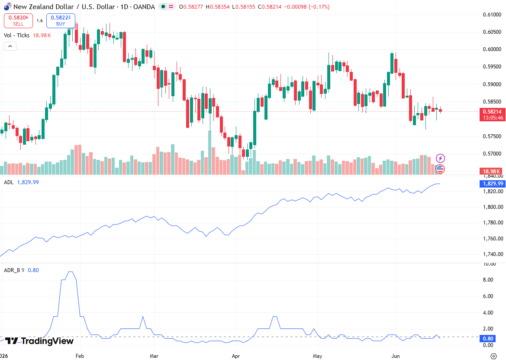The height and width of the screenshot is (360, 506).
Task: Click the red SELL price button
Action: coord(18,21)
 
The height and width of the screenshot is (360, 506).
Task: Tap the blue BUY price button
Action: coord(61,21)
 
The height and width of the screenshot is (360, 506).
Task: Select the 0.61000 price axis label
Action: coord(492,15)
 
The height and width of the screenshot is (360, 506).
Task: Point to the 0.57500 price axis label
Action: coord(492,136)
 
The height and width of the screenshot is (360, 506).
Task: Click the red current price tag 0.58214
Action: coord(492,112)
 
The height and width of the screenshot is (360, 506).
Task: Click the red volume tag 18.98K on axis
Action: coord(491,171)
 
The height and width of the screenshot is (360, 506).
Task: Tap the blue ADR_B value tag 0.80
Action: coord(488,338)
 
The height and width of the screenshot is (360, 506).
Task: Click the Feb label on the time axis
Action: coord(80,356)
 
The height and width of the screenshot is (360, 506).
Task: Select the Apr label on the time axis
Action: coord(236,356)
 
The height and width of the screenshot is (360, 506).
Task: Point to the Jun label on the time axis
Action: coord(395,356)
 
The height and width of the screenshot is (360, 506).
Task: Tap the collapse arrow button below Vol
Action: coord(10,46)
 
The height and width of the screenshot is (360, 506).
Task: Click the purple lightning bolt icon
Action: coord(440,158)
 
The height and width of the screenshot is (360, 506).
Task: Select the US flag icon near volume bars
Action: coord(440,169)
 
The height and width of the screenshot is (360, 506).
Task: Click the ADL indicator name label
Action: coord(9,182)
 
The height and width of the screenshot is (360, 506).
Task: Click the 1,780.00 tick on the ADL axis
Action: coord(493,223)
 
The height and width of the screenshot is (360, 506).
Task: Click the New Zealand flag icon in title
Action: coord(7,6)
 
